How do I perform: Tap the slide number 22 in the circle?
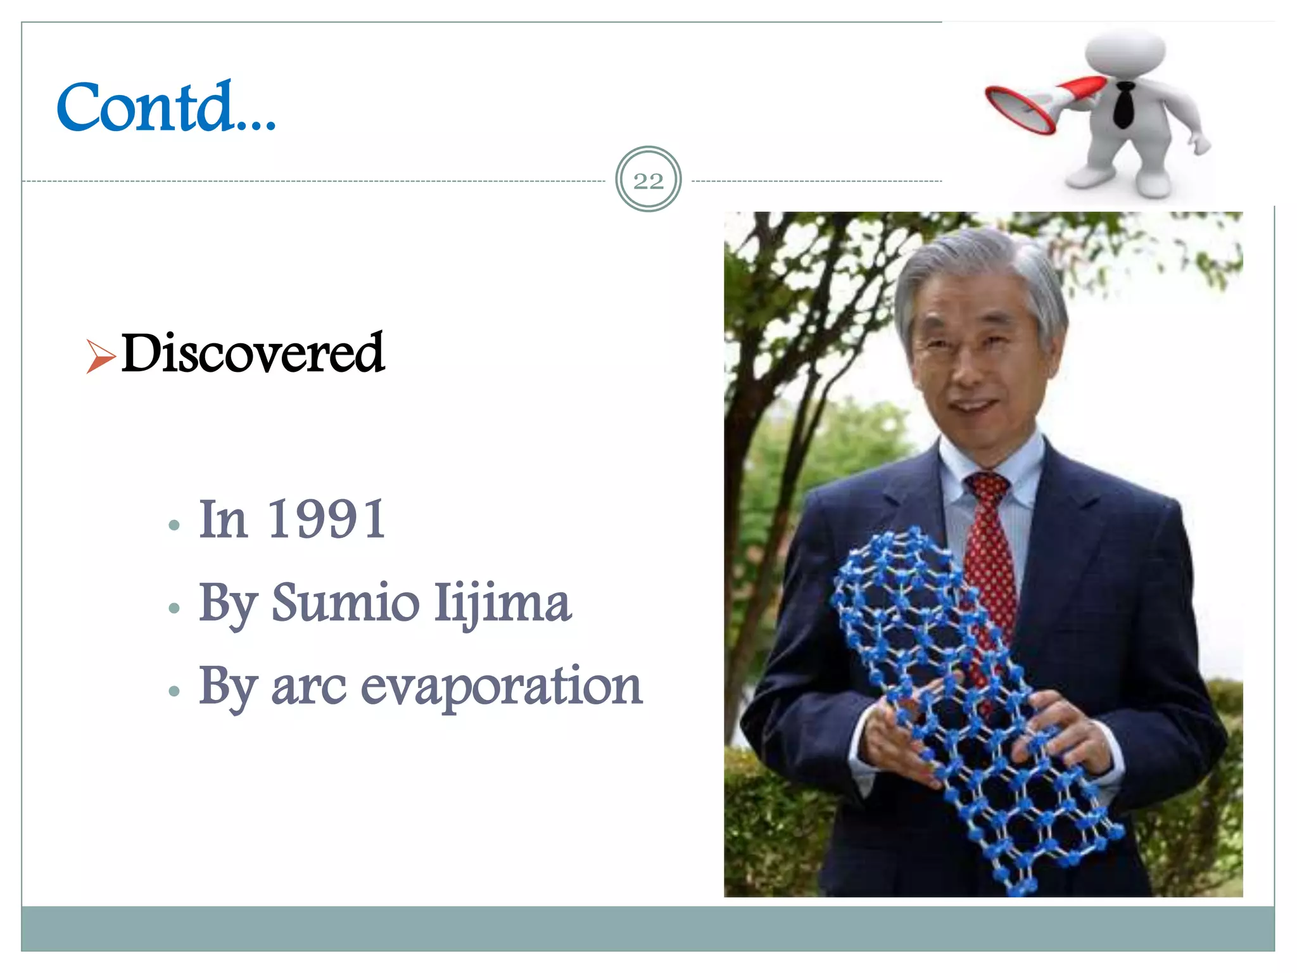(x=648, y=181)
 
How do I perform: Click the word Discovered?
(x=252, y=353)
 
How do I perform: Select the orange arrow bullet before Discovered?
(x=100, y=356)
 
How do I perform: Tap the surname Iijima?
(x=503, y=603)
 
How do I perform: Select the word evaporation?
(x=502, y=687)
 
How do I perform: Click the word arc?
(x=308, y=687)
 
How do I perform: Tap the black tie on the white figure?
(x=1123, y=105)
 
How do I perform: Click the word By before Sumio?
(x=227, y=603)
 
